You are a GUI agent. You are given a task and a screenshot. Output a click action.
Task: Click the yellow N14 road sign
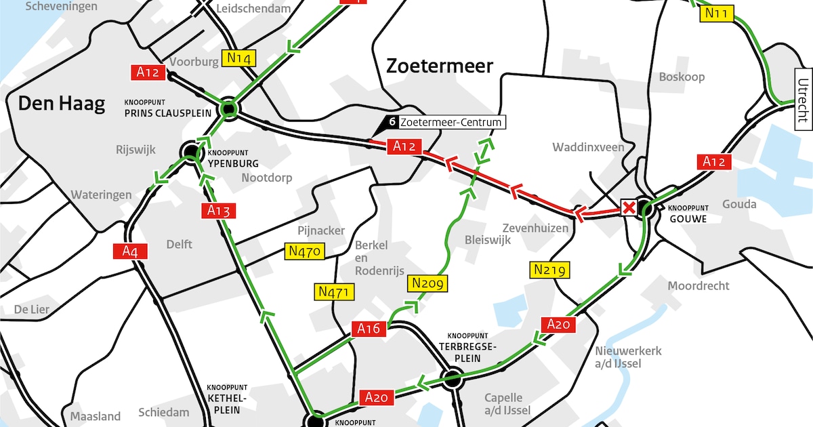click(x=239, y=58)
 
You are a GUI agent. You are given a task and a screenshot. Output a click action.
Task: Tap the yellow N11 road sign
click(x=717, y=13)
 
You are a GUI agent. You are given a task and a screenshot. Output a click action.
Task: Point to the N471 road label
click(x=333, y=292)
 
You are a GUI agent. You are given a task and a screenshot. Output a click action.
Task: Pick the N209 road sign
click(x=427, y=283)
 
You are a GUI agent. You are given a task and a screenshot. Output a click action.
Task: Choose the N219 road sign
click(x=549, y=270)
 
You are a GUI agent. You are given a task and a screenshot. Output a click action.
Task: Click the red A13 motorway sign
click(x=219, y=211)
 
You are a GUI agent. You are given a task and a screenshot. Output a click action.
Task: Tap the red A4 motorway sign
click(x=129, y=251)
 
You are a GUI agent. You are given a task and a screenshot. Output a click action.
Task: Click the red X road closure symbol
click(x=629, y=207)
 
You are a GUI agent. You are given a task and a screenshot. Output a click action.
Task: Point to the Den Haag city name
click(x=62, y=104)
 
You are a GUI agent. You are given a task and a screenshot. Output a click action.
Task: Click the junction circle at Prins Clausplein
click(x=229, y=108)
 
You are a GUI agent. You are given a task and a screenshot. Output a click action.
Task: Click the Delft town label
click(x=179, y=244)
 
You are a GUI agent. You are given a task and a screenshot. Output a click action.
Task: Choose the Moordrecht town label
click(x=699, y=285)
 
